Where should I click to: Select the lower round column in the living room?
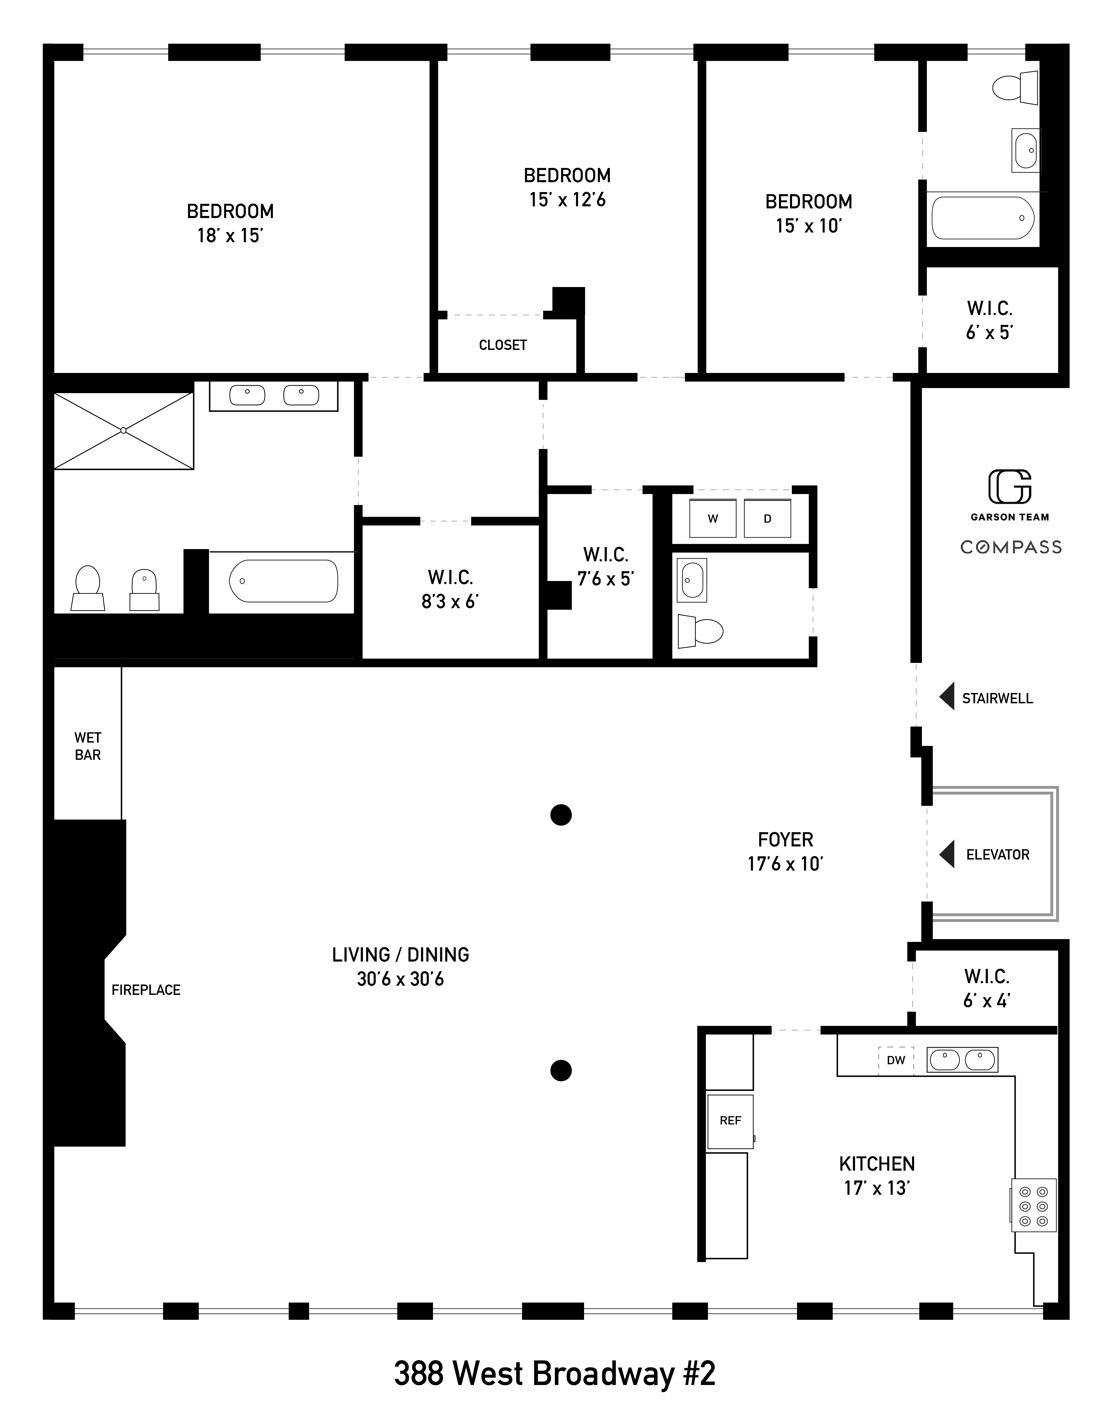point(561,1070)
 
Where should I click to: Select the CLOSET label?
point(503,345)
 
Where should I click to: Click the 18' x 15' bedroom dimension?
point(230,236)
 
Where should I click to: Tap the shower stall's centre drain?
point(123,431)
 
